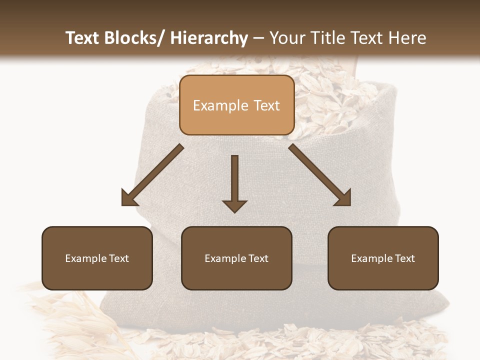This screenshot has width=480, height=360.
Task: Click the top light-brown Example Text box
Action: pos(236,105)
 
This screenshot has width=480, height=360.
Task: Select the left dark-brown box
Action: pos(97,258)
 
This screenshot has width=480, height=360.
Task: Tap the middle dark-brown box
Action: pos(236,258)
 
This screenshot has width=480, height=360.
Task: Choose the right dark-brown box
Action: pos(383,258)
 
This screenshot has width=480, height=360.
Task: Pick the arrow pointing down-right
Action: pos(320,175)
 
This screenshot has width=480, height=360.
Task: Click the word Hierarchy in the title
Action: pos(209,38)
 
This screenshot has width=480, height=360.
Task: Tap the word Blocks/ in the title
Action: pos(136,38)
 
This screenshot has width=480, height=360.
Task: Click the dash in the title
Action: pos(259,38)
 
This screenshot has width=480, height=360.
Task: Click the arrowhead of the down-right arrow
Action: pos(342,197)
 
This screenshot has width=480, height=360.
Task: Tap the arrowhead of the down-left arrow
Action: pos(129,197)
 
